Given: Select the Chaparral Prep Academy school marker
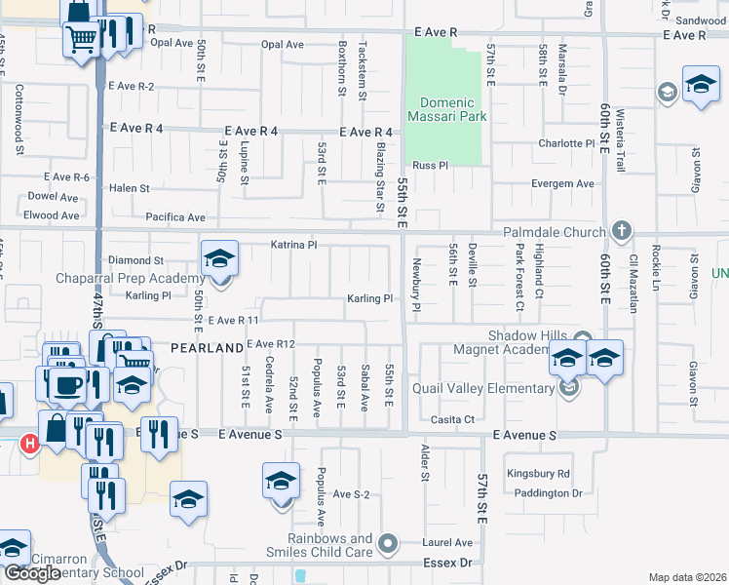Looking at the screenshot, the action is [220, 260].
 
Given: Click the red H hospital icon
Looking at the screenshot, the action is [29, 444].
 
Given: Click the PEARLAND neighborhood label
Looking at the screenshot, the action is [207, 347].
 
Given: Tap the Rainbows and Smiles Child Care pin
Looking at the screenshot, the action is [389, 542].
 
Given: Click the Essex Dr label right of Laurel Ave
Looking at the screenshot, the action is [446, 564].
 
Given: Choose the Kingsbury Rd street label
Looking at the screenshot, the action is [537, 474].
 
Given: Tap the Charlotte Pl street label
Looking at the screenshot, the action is [566, 143].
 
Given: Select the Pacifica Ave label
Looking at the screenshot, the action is [175, 217].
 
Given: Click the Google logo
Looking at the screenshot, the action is [32, 573].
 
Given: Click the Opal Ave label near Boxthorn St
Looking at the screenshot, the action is [284, 44].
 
